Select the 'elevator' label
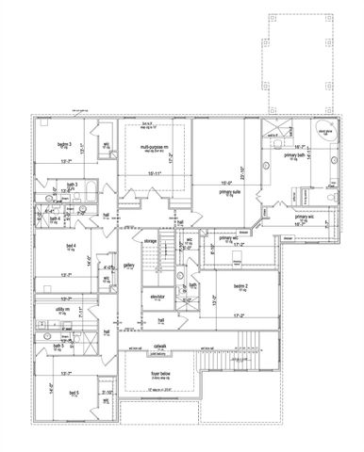tap(157, 298)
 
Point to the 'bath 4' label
tap(56, 219)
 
